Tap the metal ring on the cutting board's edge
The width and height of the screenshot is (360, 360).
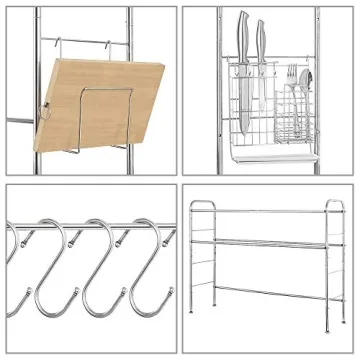pos(45,110)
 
